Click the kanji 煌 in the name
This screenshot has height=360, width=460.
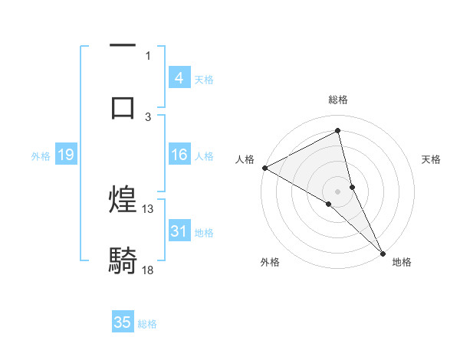click(x=123, y=200)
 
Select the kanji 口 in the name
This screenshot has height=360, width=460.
click(x=123, y=106)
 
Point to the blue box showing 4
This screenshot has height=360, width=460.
click(x=179, y=77)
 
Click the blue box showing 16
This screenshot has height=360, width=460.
click(x=179, y=155)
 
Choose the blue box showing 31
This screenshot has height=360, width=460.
click(x=179, y=231)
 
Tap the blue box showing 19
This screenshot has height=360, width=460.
click(x=65, y=155)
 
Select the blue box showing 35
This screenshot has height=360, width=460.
click(x=123, y=322)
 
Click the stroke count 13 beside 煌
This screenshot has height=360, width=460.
click(x=148, y=208)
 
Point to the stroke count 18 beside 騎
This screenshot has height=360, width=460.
click(x=148, y=270)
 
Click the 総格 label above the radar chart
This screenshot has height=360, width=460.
click(x=338, y=100)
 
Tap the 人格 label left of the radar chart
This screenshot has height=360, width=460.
click(x=245, y=159)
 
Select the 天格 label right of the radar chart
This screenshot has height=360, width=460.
click(x=432, y=159)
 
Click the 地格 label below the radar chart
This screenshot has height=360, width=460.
click(x=402, y=262)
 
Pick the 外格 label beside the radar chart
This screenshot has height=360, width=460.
click(x=270, y=262)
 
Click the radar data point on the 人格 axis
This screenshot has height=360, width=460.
click(x=264, y=168)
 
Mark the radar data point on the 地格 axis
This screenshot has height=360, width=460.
click(x=383, y=252)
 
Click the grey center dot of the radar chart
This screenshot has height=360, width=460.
click(x=338, y=191)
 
